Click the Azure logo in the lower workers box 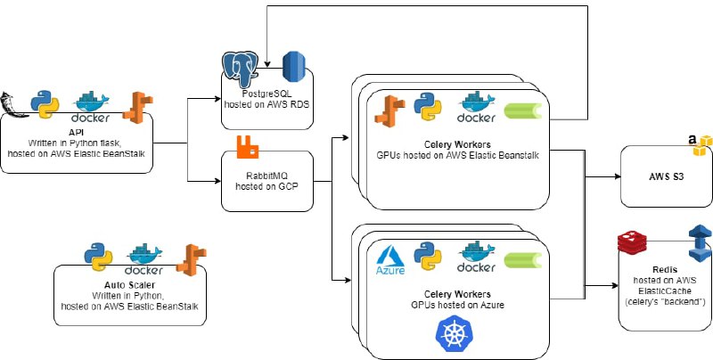tap(390, 258)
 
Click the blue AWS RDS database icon tap(294, 67)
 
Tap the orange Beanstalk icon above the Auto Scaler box tap(188, 258)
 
